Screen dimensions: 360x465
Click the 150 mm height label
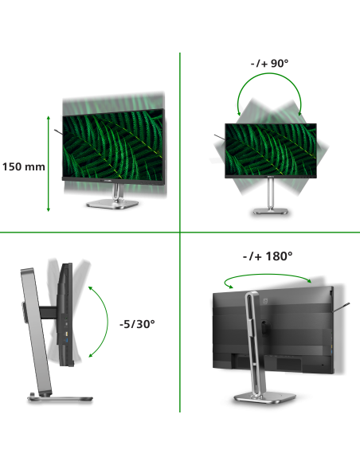24,166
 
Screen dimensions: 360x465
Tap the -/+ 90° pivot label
269,63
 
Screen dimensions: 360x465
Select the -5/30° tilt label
137,324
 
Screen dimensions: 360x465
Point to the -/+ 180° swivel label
268,256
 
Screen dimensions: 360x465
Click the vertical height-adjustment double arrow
49,164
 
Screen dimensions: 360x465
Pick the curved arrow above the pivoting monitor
269,74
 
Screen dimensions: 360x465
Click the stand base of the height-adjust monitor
112,204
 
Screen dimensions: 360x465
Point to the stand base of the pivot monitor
271,211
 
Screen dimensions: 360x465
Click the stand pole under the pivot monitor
271,193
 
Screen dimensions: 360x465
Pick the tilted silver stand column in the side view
36,332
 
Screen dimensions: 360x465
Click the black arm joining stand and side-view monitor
49,313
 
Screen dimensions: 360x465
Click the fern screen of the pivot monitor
271,150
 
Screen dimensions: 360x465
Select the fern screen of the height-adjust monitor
113,144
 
